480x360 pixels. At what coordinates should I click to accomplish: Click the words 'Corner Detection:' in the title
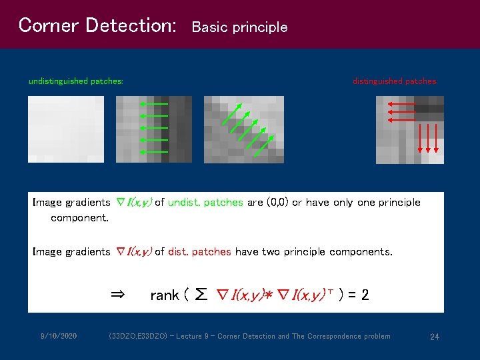pyautogui.click(x=97, y=25)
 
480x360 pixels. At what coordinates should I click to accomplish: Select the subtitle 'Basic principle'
pyautogui.click(x=239, y=27)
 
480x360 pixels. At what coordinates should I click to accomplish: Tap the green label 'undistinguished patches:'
pyautogui.click(x=75, y=81)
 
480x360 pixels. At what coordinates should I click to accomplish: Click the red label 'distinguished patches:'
pyautogui.click(x=395, y=81)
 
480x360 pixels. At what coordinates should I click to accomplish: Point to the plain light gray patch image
pyautogui.click(x=66, y=129)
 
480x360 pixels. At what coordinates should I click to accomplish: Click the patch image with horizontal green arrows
pyautogui.click(x=153, y=129)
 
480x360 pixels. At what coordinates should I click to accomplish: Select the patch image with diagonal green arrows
pyautogui.click(x=243, y=129)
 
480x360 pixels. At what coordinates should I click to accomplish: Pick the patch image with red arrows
pyautogui.click(x=409, y=129)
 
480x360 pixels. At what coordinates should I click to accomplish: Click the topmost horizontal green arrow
pyautogui.click(x=154, y=104)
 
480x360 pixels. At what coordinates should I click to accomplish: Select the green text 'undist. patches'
pyautogui.click(x=205, y=202)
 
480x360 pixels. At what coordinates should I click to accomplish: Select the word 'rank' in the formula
pyautogui.click(x=164, y=295)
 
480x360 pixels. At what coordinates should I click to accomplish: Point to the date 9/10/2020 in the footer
pyautogui.click(x=58, y=336)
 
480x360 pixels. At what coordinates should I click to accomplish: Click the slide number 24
pyautogui.click(x=434, y=337)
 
